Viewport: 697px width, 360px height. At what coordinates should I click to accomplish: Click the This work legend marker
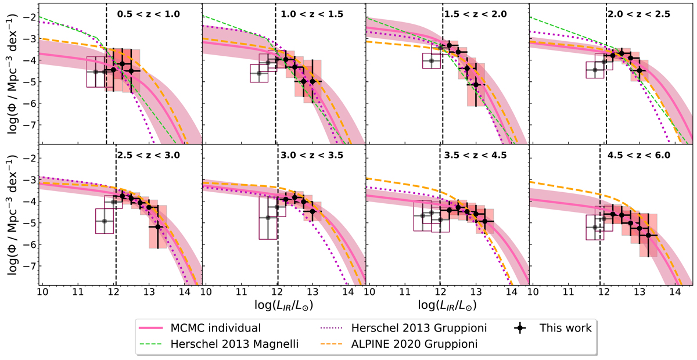(x=521, y=328)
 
